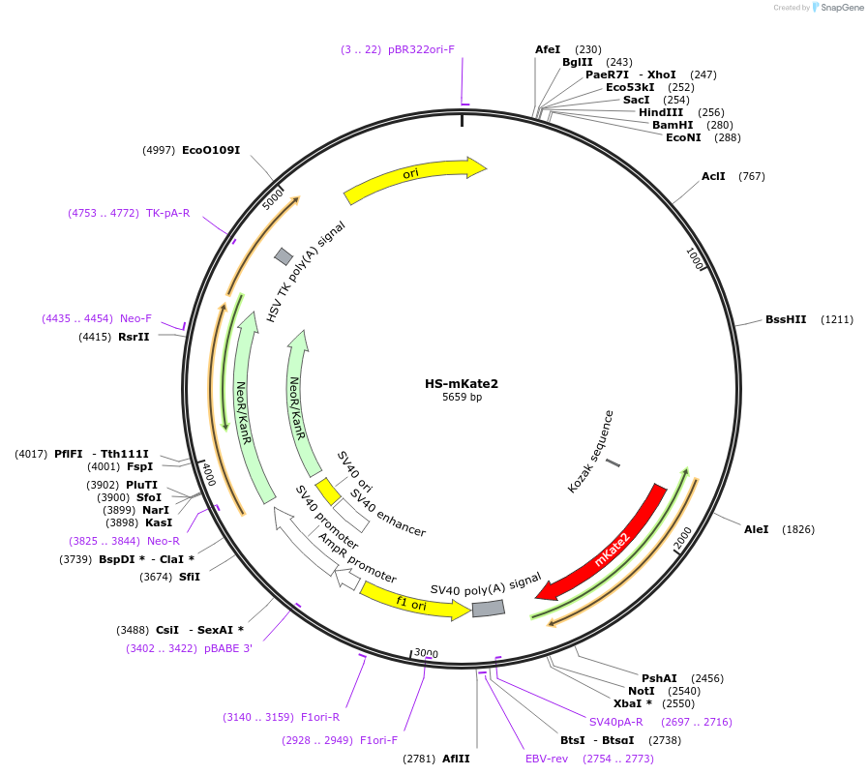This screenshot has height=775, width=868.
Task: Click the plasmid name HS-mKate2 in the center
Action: click(462, 384)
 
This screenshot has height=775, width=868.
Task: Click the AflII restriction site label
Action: click(456, 759)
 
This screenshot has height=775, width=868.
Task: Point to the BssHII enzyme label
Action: click(785, 319)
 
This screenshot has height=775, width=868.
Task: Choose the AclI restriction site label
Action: click(713, 176)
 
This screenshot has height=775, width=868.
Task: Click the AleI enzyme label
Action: click(756, 529)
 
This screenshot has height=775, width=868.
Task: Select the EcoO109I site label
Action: click(211, 150)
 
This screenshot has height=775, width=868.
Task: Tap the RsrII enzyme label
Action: click(134, 337)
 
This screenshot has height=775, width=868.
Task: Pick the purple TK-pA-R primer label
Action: click(168, 213)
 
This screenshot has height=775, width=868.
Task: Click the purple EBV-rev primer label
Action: click(547, 759)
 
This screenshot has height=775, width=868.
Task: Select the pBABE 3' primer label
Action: click(227, 648)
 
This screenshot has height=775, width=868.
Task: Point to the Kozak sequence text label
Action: click(590, 452)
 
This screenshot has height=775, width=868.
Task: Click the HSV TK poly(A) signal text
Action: click(306, 271)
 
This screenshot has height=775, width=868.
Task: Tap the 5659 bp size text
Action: click(462, 398)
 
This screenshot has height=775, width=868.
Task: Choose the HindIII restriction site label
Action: click(661, 112)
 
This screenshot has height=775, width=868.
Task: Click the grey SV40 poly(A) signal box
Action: click(489, 609)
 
